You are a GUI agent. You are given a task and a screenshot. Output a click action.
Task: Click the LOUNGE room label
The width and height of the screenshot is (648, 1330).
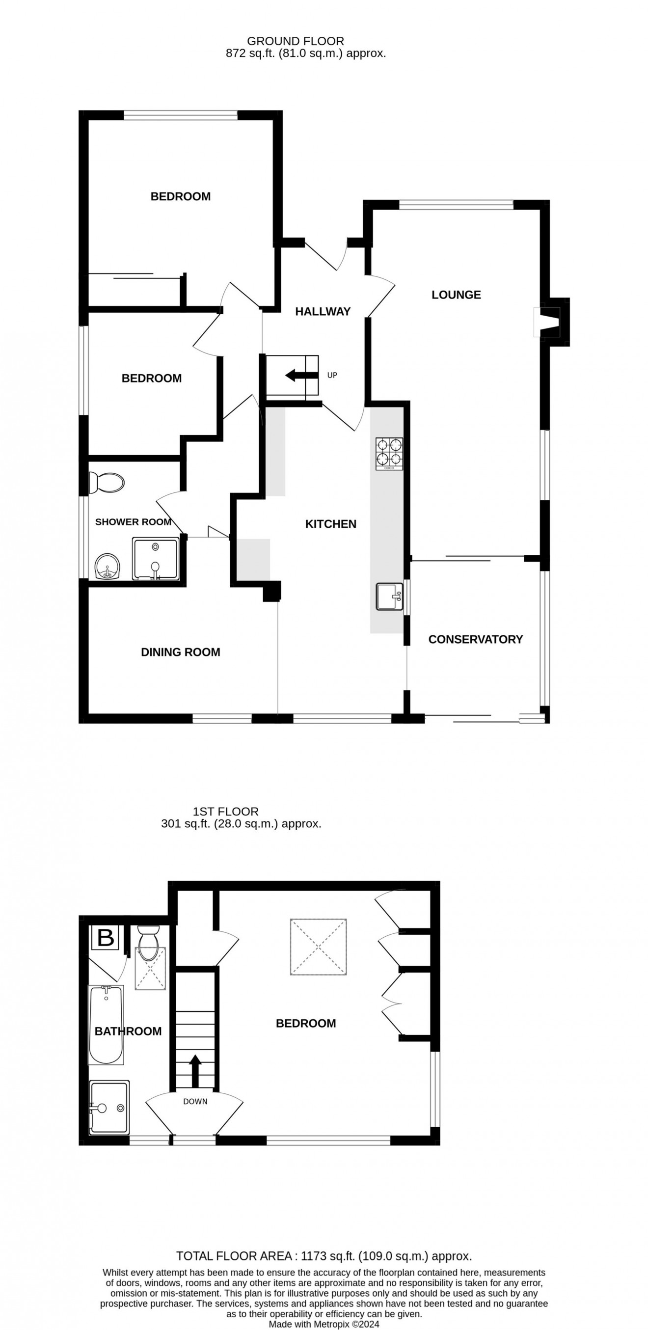tap(456, 295)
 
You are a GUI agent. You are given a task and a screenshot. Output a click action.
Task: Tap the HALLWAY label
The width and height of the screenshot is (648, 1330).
tap(323, 311)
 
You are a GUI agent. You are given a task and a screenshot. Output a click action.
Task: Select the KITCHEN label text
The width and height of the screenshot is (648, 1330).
tap(330, 524)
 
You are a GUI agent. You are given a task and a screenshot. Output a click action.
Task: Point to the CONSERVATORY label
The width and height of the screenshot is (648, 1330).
tap(475, 639)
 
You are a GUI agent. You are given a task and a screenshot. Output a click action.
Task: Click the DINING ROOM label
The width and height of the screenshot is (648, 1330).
tap(180, 652)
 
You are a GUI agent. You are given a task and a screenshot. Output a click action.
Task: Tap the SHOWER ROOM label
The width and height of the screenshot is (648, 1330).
tap(133, 522)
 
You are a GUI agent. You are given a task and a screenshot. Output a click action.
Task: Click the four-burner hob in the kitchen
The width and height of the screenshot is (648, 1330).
tap(389, 453)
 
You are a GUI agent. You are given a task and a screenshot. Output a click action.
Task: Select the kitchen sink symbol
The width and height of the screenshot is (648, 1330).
tap(389, 597)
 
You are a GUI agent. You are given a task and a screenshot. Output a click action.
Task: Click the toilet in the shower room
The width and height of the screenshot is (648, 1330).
tap(107, 483)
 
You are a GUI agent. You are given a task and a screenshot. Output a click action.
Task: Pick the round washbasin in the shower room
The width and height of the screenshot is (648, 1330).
tap(108, 567)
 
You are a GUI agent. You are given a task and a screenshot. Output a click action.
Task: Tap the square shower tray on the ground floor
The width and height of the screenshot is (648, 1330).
tap(156, 559)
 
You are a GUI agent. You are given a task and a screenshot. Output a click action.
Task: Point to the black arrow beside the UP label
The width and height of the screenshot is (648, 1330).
tap(296, 375)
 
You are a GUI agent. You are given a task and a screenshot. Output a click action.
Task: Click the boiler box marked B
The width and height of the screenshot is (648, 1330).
tap(106, 937)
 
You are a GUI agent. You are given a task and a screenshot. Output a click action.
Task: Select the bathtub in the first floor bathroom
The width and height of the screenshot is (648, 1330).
tap(107, 1024)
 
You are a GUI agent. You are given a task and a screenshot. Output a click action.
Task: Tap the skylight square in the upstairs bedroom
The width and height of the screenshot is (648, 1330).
tap(318, 947)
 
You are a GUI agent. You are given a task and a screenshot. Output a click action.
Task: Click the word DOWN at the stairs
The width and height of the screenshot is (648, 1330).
tap(195, 1101)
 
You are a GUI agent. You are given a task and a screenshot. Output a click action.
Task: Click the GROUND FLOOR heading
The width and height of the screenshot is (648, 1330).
tap(296, 41)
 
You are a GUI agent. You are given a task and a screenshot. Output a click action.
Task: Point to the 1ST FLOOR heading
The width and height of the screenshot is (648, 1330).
tap(226, 811)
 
